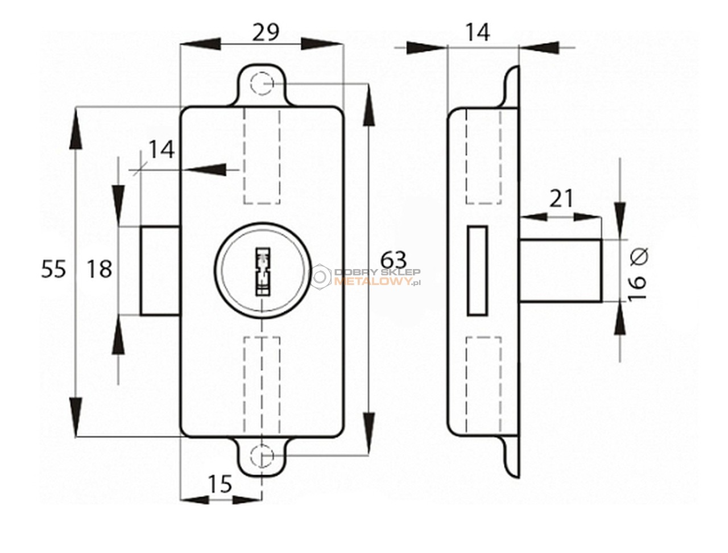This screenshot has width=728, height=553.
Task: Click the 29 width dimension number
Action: point(266,32)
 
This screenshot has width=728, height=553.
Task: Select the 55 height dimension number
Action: point(53,269)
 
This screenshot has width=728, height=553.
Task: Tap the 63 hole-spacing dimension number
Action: point(394,260)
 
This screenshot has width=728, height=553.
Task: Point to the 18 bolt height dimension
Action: point(100,269)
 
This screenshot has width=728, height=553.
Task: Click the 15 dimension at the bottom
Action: point(220,484)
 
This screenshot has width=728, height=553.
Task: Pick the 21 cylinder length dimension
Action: point(561,199)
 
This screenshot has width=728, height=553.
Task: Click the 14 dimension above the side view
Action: point(478,32)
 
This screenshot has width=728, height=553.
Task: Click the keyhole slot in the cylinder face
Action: point(262,271)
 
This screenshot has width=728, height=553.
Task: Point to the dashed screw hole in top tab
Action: point(262,83)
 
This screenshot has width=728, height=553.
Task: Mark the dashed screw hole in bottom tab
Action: point(262,456)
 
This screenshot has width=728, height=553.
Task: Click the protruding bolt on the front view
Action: point(160,271)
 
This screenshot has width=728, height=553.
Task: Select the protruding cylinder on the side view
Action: point(560,271)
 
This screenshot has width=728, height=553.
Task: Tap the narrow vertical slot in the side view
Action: point(478,271)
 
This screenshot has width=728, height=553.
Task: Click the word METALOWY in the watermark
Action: point(373,282)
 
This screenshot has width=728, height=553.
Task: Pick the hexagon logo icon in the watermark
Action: point(320,276)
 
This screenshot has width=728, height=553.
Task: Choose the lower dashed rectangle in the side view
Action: point(483,385)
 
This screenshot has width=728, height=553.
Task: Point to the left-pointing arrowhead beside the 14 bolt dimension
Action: point(206,170)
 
